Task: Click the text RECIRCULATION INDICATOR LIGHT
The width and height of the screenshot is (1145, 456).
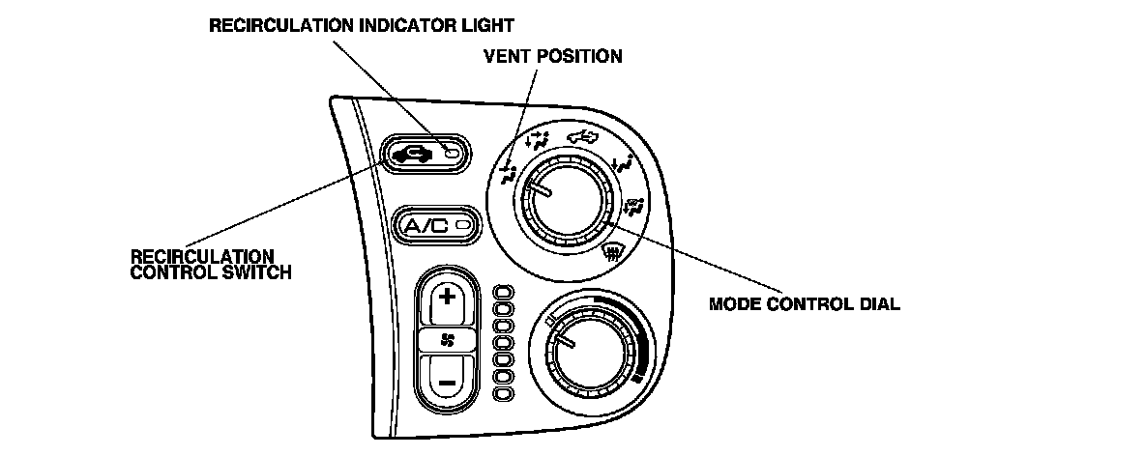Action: coord(362,24)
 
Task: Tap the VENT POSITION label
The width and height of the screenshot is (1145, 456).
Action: coord(552,56)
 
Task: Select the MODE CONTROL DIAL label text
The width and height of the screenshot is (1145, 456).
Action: coord(805,303)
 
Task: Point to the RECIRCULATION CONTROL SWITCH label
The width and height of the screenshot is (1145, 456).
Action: coord(211,264)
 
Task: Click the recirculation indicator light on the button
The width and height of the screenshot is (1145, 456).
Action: coord(449,153)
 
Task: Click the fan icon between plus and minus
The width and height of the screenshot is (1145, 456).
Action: coord(447,340)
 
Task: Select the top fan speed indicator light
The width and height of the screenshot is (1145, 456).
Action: coord(504,291)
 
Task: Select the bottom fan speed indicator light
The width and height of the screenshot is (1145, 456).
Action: coord(504,394)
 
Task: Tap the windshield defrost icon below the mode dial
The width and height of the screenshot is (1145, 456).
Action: coord(609,255)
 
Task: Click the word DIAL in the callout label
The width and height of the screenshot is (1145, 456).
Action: coord(881,303)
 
